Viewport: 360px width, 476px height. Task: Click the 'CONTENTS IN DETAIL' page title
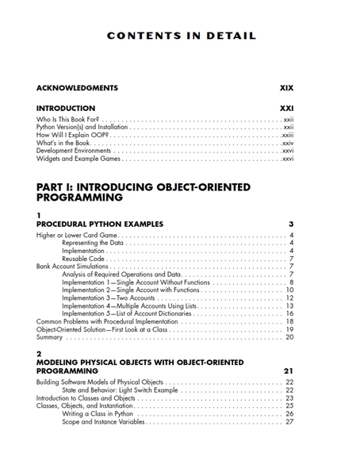pos(182,36)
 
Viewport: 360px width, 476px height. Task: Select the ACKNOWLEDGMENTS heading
pos(77,87)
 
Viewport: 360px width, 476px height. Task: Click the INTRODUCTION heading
pos(66,108)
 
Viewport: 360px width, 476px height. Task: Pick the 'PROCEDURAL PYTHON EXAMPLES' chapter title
pos(100,225)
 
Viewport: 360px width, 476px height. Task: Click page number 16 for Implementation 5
pos(289,313)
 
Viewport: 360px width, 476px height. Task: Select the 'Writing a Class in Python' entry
pos(98,413)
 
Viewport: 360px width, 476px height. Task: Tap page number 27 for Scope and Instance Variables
pos(289,421)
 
